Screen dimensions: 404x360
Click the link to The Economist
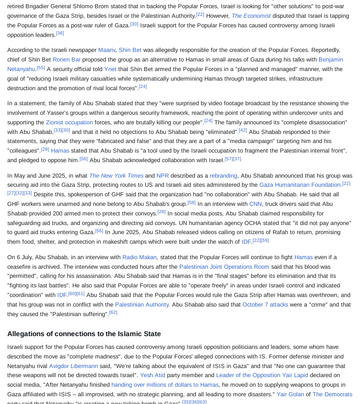click(x=251, y=16)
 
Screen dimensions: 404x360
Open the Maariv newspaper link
click(x=107, y=50)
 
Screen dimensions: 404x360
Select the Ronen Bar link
click(x=66, y=60)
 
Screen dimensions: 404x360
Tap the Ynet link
click(x=110, y=69)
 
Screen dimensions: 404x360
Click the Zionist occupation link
click(x=69, y=123)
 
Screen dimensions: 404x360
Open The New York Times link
click(x=116, y=176)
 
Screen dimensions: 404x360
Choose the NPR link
click(x=162, y=176)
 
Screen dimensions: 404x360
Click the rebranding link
click(x=223, y=176)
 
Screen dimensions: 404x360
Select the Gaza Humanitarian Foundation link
click(x=300, y=185)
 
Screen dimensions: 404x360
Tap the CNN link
click(x=255, y=204)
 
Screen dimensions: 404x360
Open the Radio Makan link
click(x=139, y=257)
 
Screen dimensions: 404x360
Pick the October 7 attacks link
click(x=265, y=305)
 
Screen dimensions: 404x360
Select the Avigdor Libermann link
click(x=73, y=366)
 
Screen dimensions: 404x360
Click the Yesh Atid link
click(x=152, y=375)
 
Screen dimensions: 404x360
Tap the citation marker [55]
click(x=41, y=68)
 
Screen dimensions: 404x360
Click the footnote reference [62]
click(x=113, y=312)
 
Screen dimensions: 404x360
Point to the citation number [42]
click(x=243, y=130)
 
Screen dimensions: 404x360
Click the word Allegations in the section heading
click(x=25, y=334)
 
